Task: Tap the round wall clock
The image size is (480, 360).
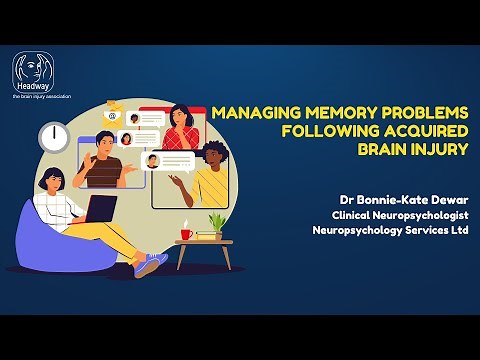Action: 54,137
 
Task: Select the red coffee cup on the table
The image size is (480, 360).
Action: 186,234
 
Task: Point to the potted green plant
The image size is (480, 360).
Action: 216,223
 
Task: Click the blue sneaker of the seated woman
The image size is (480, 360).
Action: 152,263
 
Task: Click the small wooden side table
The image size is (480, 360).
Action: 206,251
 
